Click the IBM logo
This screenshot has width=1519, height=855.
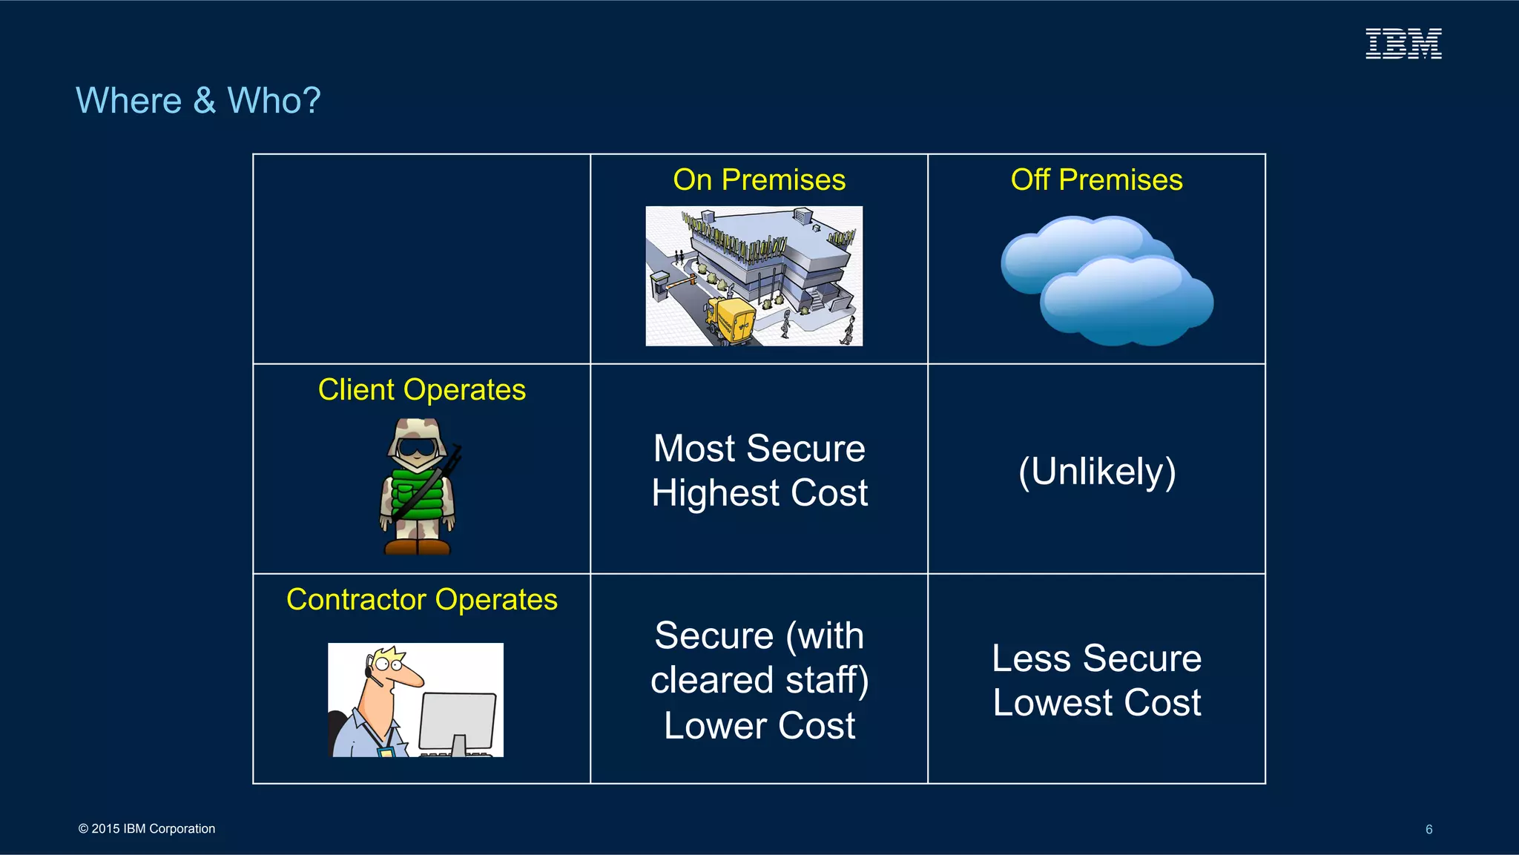pos(1403,44)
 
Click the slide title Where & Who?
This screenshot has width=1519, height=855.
pos(198,100)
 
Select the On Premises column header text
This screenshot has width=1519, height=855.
pos(759,180)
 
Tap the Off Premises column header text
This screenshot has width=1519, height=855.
pos(1096,180)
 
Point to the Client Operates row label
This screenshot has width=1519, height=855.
pos(421,390)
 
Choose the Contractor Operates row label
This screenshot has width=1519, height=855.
pos(421,600)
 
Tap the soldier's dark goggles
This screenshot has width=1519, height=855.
pos(417,448)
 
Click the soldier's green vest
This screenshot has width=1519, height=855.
pos(418,493)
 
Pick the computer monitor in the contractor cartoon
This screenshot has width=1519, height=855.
pos(458,720)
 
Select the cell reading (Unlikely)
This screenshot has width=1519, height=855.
pos(1096,472)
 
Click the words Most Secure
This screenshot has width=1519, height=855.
pos(759,449)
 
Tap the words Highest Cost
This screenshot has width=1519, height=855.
pos(759,493)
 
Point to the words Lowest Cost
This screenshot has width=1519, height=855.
pos(1096,703)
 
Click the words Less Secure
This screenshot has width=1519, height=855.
pos(1096,658)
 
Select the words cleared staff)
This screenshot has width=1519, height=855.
pos(759,681)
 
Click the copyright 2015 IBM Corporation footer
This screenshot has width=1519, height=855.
pos(147,829)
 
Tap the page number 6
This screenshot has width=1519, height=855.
pos(1429,830)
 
